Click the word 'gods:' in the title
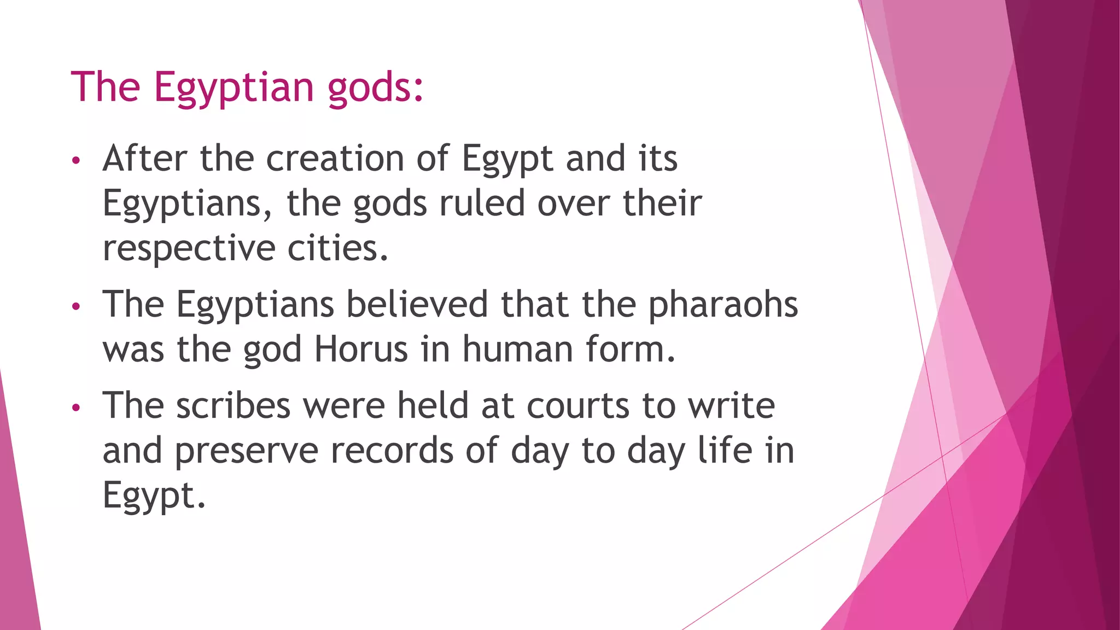click(x=375, y=87)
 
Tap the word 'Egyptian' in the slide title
click(x=234, y=87)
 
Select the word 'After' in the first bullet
click(x=145, y=159)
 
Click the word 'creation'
click(x=335, y=159)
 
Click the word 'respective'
click(x=189, y=249)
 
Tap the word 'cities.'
click(x=338, y=248)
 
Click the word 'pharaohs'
click(x=723, y=305)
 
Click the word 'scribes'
click(x=233, y=406)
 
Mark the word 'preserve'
click(x=247, y=452)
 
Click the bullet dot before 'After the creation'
click(x=76, y=161)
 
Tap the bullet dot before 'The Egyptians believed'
click(x=76, y=306)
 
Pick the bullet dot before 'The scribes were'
click(x=76, y=408)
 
